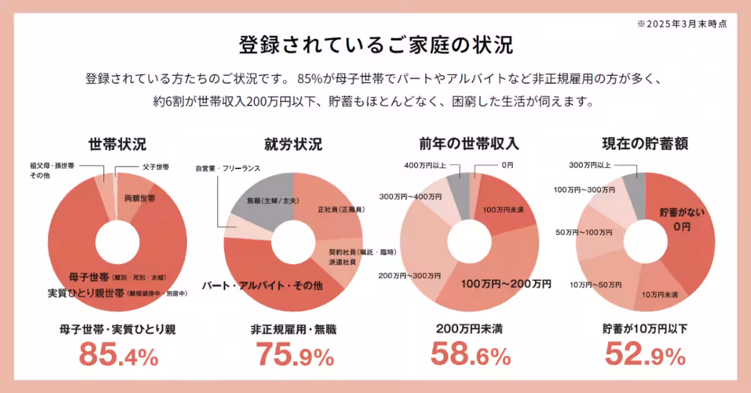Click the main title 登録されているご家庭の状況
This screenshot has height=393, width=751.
[x=375, y=45]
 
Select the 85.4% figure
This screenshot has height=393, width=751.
[x=118, y=356]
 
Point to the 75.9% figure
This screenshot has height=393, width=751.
[x=294, y=356]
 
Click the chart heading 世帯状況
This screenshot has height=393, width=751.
[x=118, y=145]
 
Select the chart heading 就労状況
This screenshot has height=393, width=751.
[x=294, y=145]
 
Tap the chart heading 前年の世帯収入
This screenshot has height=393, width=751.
[x=469, y=145]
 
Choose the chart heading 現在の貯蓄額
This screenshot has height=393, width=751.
[x=645, y=145]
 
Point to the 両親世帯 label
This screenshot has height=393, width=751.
[x=140, y=198]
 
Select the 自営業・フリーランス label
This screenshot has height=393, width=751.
[x=227, y=168]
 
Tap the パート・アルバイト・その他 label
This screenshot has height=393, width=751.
[x=262, y=285]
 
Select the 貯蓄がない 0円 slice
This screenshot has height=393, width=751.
[x=682, y=219]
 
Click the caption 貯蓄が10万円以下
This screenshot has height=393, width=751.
[x=645, y=329]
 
